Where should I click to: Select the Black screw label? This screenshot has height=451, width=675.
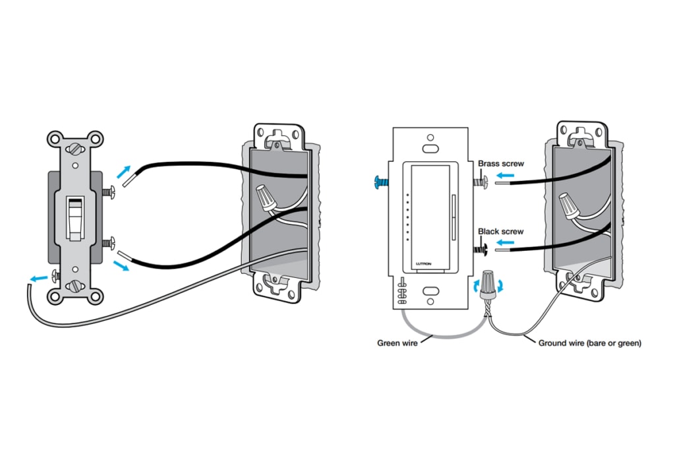click(501, 232)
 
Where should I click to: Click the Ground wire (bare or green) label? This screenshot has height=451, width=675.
click(589, 343)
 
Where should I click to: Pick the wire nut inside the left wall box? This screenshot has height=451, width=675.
click(267, 197)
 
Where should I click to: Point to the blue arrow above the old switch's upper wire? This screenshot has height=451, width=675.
click(124, 172)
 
